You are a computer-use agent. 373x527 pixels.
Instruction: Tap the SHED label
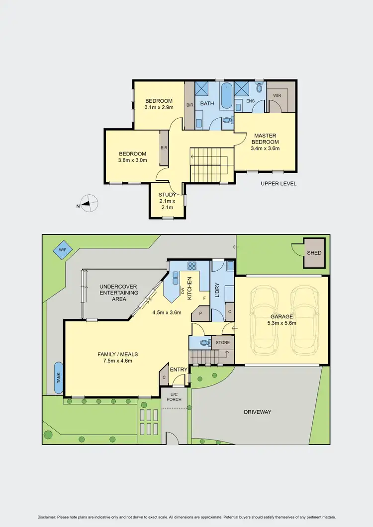coord(314,253)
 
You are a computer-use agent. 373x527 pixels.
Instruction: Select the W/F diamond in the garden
coord(62,250)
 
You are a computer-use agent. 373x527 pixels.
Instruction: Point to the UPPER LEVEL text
coord(279,183)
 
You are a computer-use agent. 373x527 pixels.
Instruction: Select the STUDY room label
coord(167,195)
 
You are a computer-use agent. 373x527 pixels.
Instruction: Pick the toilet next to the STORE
coord(203,342)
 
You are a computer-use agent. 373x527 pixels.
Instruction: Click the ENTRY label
coord(178,370)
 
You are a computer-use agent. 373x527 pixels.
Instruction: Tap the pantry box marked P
coord(200,314)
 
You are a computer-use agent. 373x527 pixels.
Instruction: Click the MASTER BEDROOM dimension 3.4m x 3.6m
coord(266,148)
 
